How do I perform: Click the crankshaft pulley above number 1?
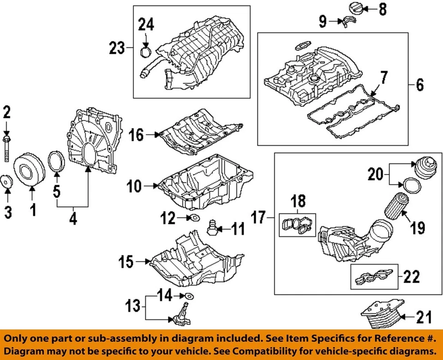pos(26,172)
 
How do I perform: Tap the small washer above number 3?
pos(6,182)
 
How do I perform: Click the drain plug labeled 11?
pos(212,227)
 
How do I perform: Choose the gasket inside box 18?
pos(298,225)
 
